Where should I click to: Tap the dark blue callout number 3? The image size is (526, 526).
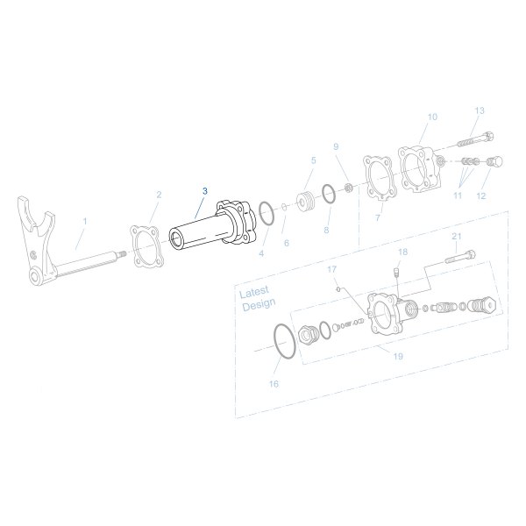point(205,190)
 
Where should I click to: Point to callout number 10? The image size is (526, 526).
point(430,117)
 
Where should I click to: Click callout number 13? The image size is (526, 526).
point(479,110)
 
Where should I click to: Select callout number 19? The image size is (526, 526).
point(397,357)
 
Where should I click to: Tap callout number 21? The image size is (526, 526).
point(456,237)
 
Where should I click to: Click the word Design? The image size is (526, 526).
point(258,303)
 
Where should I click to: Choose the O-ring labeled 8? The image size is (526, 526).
point(326,192)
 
